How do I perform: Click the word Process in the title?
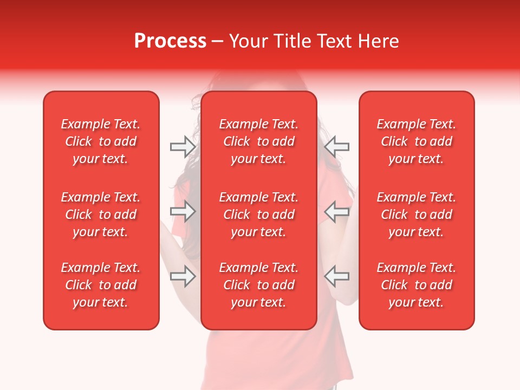[170, 41]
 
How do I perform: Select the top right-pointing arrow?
[183, 146]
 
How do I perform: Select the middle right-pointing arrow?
[183, 211]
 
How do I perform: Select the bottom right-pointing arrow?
[183, 276]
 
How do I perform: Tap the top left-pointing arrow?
[337, 146]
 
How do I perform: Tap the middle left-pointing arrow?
[337, 211]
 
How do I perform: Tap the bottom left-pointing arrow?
[337, 276]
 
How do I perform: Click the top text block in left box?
[101, 141]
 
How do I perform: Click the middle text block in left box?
[101, 214]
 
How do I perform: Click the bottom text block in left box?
[101, 285]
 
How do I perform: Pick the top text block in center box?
[258, 141]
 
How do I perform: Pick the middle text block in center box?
[258, 214]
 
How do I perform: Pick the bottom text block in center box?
[258, 285]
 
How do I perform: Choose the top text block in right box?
[416, 141]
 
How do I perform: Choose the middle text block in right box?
[416, 214]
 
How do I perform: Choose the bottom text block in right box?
[416, 285]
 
